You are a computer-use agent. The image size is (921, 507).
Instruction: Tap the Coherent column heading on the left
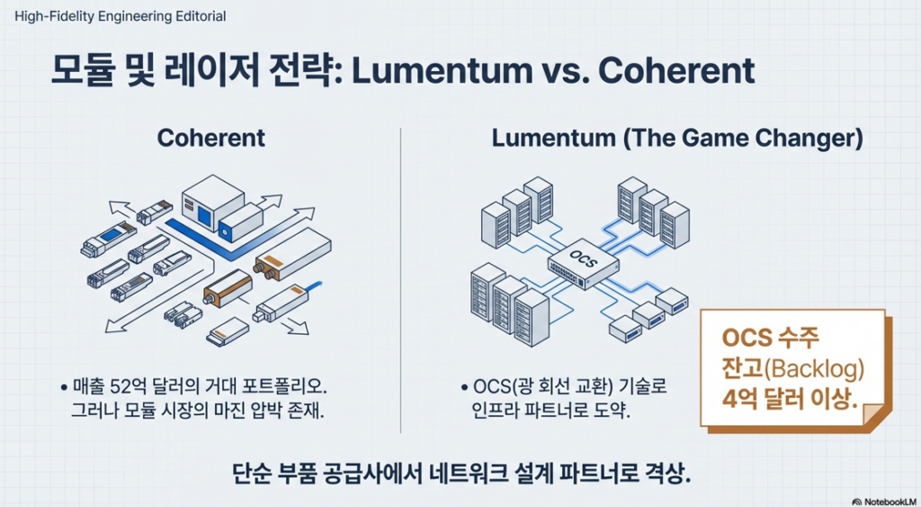[x=210, y=138]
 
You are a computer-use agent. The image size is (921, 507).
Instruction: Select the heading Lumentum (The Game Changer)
[x=677, y=138]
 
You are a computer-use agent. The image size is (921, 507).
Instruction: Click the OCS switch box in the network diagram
[x=583, y=263]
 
